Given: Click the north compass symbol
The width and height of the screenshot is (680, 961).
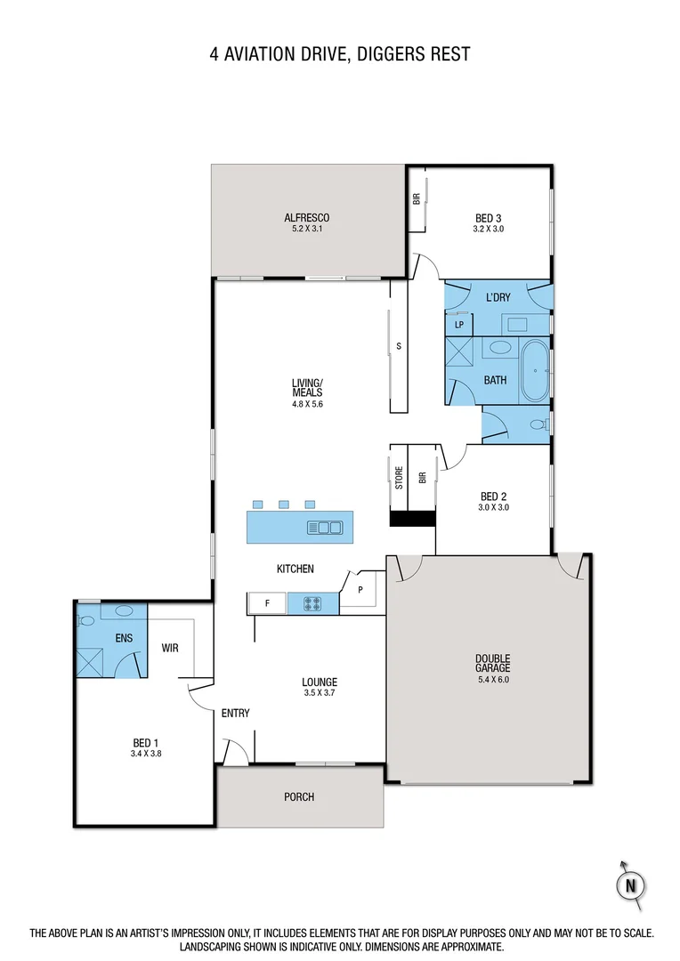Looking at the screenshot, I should tap(630, 884).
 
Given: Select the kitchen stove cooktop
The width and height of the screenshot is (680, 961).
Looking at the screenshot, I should tap(312, 604).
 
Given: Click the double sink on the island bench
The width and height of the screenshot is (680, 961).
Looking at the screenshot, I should tap(325, 528).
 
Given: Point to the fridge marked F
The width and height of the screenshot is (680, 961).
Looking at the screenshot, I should tap(267, 604).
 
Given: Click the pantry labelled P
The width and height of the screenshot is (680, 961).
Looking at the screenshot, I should tap(360, 589).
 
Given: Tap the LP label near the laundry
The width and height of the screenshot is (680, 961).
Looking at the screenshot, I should tap(459, 325).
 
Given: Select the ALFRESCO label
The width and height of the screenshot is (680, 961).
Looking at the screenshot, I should tap(307, 218).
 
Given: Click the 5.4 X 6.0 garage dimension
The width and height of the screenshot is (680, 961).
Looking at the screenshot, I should tap(492, 679).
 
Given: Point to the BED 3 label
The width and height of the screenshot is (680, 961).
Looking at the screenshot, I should tap(489, 218).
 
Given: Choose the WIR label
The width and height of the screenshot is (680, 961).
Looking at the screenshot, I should tap(171, 648).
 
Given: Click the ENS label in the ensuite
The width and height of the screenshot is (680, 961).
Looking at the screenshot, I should tap(123, 638).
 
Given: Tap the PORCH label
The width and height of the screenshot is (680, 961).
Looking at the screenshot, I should tap(299, 796).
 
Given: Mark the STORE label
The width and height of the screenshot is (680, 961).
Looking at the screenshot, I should tap(399, 478).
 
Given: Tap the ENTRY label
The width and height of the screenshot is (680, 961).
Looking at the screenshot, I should tap(236, 713).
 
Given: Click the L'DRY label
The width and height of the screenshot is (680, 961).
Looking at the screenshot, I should tap(498, 296).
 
